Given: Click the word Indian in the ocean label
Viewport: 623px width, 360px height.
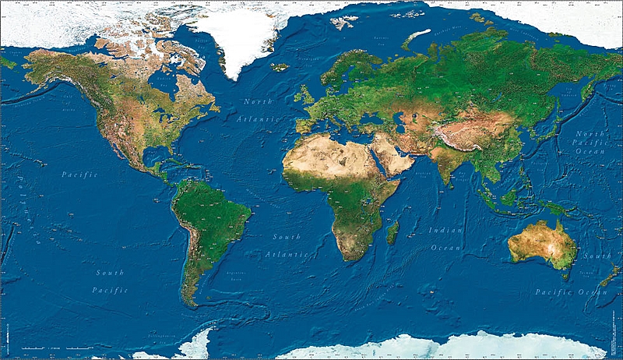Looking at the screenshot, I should tap(445, 230).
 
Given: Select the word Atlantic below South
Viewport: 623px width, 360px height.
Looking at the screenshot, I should tap(286, 254).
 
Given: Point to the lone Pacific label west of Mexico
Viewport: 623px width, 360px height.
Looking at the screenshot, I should tap(80, 175).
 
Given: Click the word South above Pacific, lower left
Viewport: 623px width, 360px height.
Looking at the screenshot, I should tap(110, 273).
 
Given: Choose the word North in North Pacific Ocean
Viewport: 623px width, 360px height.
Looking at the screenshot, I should tap(592, 133).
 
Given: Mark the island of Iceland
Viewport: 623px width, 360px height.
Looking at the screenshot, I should tap(280, 67).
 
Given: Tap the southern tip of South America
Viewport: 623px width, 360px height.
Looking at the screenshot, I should tap(192, 302).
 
